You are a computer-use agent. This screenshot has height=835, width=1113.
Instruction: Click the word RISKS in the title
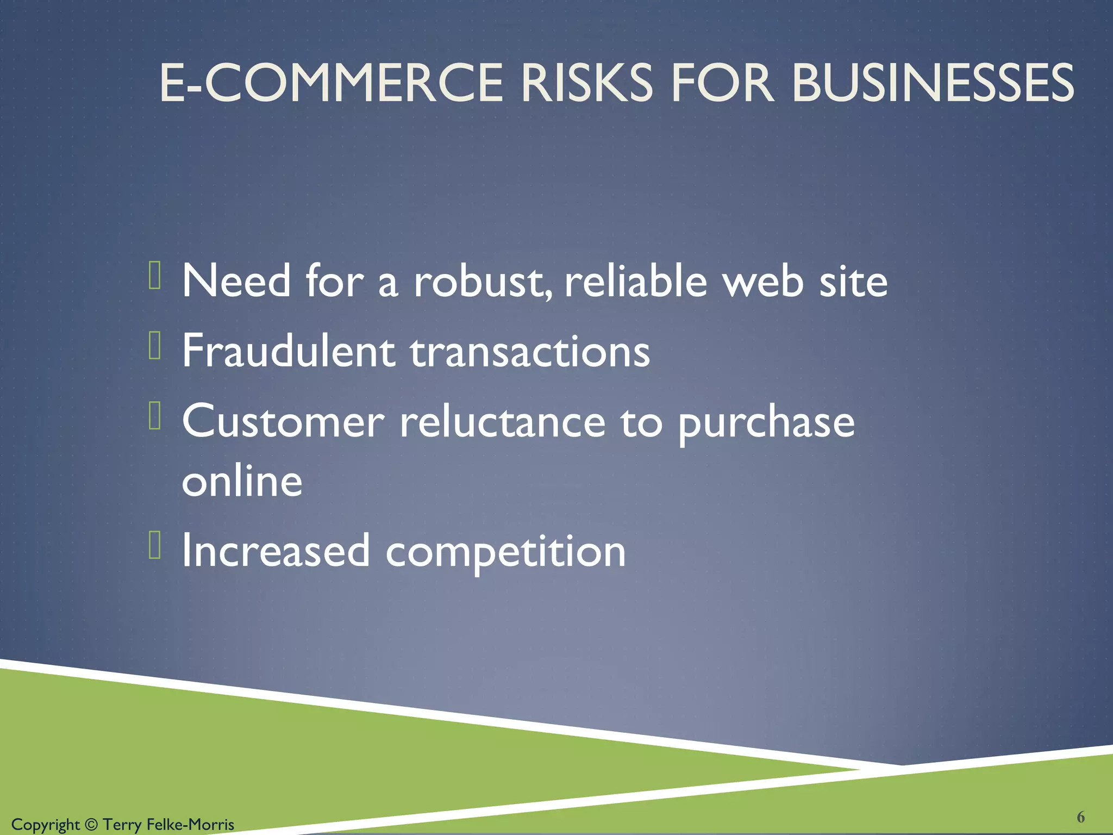586,83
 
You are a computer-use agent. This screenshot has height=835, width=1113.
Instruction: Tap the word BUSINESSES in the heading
933,83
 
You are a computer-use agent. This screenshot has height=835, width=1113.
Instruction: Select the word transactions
530,352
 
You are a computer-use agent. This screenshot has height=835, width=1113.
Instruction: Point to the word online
242,481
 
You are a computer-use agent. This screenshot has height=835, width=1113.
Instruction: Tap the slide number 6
1081,817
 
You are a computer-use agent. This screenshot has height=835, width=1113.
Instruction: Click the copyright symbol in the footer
91,825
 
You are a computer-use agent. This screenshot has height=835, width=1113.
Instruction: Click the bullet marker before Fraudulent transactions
155,346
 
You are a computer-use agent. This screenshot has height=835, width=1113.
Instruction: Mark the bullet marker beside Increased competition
155,545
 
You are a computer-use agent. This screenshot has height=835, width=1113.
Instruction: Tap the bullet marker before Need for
155,275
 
